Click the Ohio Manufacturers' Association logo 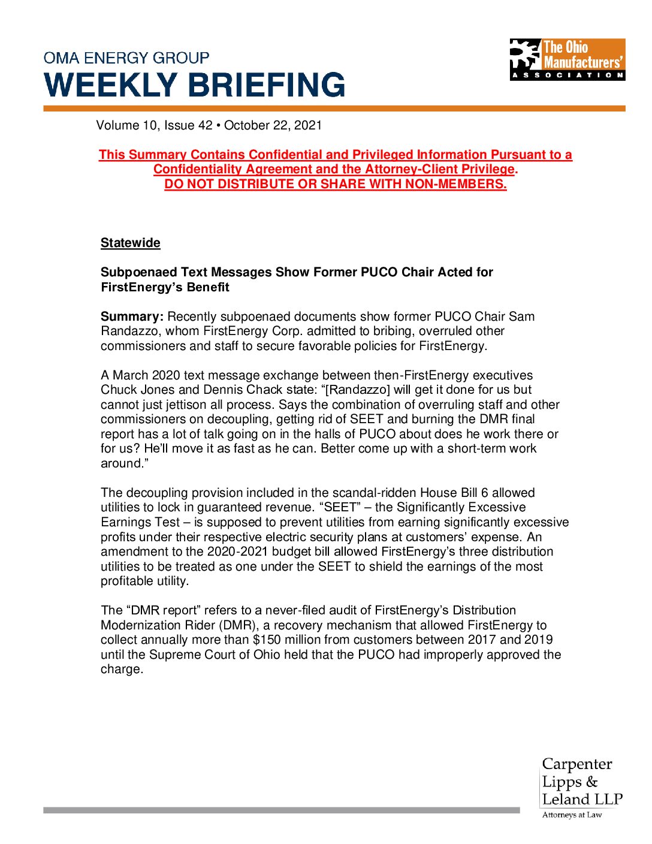tap(567, 59)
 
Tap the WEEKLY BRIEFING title tap(195, 85)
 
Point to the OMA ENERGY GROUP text tap(126, 58)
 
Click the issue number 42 tap(205, 125)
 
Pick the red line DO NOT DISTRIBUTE tap(336, 184)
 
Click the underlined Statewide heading tap(131, 243)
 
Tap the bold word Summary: tap(132, 316)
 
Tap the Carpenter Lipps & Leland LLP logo tap(582, 782)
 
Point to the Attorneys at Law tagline tap(572, 815)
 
